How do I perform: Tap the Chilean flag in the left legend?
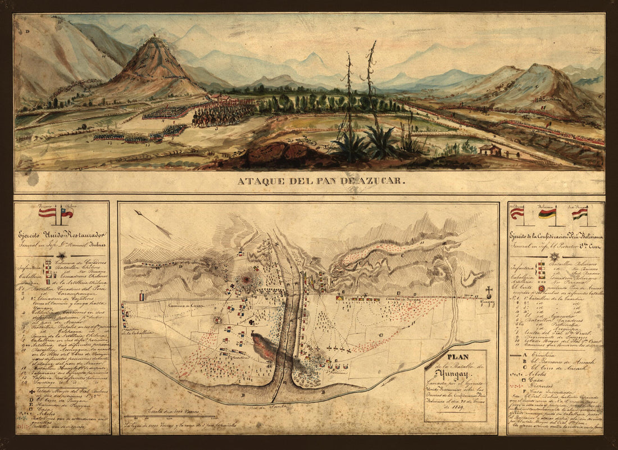coord(67,212)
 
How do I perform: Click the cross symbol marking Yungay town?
coord(489,291)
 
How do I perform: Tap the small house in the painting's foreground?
coord(490,149)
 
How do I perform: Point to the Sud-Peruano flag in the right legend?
coord(580,213)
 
